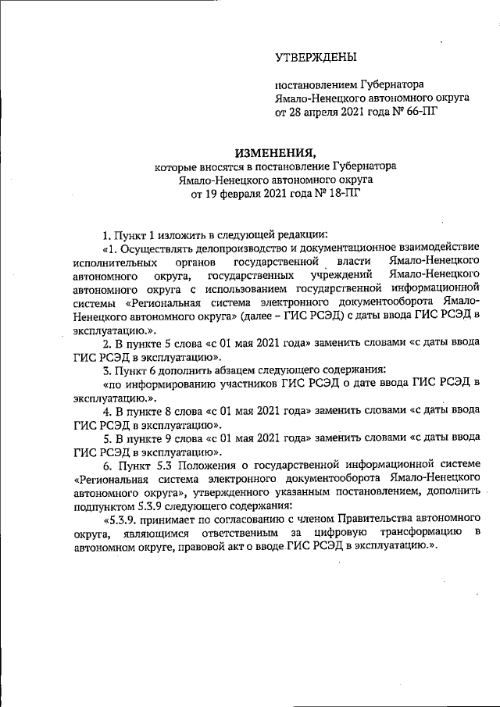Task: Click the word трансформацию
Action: coord(411,533)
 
